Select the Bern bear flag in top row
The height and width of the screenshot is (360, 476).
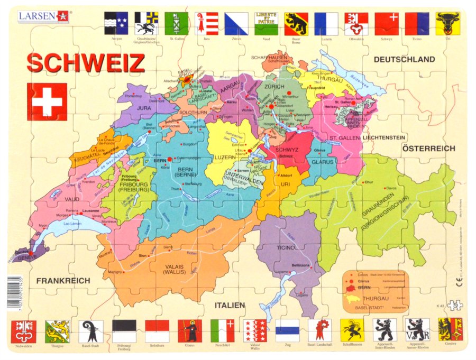(296, 24)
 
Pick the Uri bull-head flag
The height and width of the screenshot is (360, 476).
(447, 23)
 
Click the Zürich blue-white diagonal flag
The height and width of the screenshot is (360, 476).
(236, 24)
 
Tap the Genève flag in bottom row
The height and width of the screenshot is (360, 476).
(450, 329)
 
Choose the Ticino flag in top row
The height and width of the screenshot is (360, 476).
(417, 24)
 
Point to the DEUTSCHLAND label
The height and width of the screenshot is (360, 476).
(404, 59)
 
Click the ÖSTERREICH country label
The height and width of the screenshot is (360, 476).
(428, 149)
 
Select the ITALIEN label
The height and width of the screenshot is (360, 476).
(230, 305)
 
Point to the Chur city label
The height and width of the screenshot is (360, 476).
(369, 182)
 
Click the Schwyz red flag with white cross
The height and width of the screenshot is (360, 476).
(387, 24)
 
